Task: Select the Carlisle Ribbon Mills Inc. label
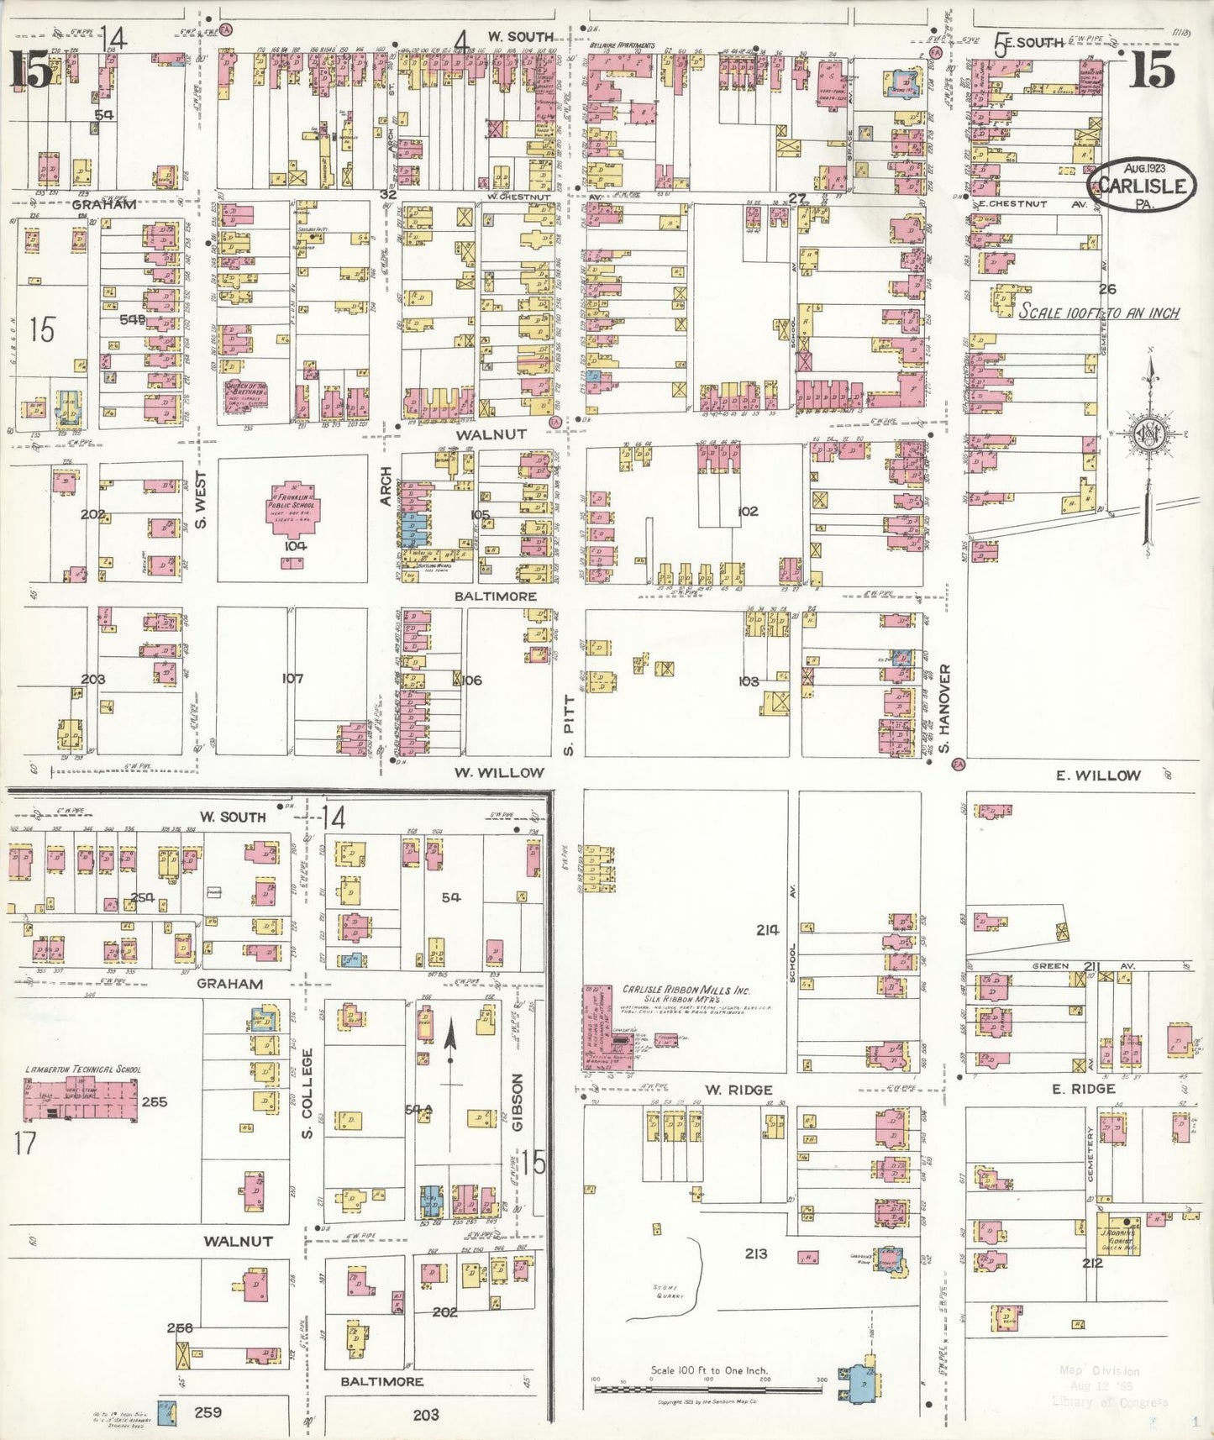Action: tap(686, 991)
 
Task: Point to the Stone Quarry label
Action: tap(669, 1291)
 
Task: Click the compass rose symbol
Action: tap(1147, 434)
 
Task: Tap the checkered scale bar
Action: tap(708, 1389)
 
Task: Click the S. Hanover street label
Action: tap(944, 709)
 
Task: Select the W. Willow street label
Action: tap(499, 772)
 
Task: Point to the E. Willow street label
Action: tap(1097, 775)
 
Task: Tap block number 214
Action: tap(767, 929)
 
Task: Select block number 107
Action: tap(292, 678)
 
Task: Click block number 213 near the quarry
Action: tap(755, 1253)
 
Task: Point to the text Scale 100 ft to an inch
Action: tap(1099, 313)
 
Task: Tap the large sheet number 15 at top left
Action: tap(31, 70)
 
